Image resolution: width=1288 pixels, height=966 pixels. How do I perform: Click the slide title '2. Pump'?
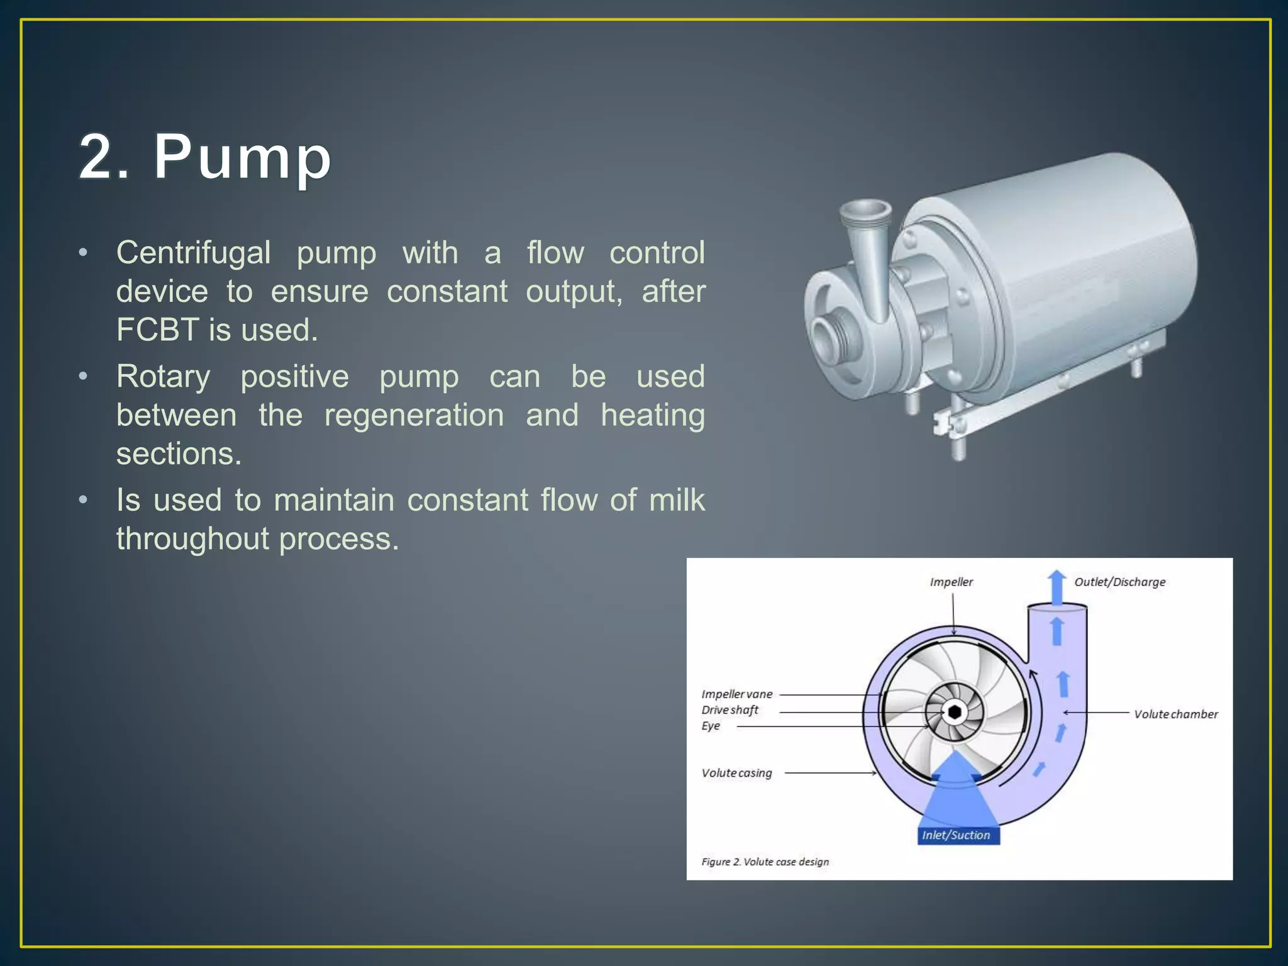205,157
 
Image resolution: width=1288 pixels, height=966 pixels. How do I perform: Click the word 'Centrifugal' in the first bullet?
193,253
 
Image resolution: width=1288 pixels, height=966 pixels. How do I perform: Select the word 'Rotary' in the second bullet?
163,377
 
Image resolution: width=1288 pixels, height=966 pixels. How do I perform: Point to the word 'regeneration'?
414,415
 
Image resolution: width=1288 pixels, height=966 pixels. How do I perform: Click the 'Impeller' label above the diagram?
951,582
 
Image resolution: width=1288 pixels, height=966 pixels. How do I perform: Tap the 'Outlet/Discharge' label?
1119,582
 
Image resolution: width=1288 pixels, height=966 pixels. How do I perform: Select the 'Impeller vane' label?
736,694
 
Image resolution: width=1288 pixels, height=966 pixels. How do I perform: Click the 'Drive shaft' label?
730,710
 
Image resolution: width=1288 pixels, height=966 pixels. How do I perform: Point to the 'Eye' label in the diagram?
711,726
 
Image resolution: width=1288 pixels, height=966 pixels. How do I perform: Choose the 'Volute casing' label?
736,773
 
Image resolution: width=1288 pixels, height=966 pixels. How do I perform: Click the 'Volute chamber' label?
1175,714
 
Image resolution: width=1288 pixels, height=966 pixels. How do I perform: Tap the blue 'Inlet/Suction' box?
956,835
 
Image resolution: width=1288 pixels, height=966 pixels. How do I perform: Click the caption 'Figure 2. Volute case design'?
765,862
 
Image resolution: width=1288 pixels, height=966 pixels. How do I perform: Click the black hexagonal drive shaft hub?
955,712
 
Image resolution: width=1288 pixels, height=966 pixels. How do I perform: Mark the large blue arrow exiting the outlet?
1057,587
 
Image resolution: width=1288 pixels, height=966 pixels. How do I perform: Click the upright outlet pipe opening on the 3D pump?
867,211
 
